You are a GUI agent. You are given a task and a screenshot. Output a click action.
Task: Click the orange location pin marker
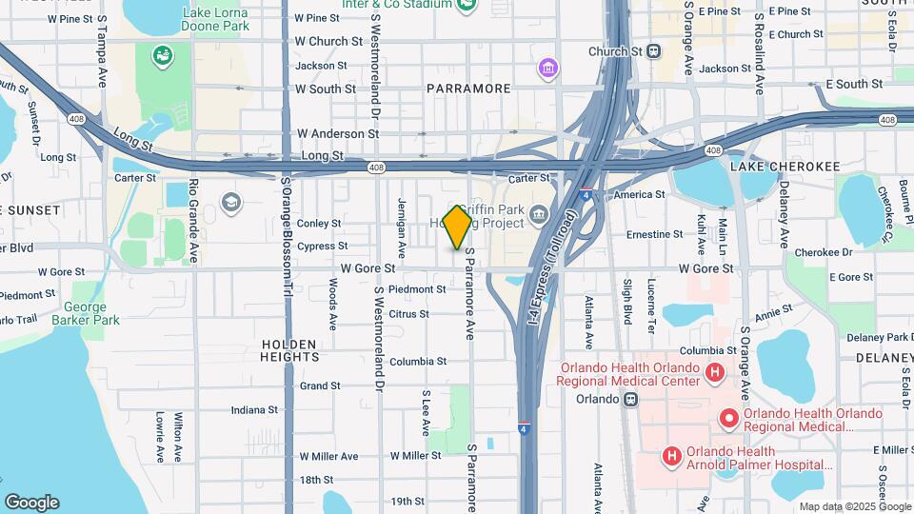click(458, 227)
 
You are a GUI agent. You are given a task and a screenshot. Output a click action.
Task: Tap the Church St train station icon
click(654, 51)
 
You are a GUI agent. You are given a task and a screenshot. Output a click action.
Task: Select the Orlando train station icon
click(630, 399)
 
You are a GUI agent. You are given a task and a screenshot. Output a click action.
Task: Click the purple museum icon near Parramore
click(547, 68)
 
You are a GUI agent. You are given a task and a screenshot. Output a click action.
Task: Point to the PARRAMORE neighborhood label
click(468, 89)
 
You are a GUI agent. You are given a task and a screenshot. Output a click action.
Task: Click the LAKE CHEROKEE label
click(785, 167)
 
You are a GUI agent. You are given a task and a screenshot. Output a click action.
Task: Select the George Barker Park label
click(91, 313)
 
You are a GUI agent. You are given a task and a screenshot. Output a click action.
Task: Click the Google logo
click(31, 503)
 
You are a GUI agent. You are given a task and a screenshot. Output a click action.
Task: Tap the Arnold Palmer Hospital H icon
click(672, 457)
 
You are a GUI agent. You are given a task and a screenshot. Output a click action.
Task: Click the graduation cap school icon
click(229, 202)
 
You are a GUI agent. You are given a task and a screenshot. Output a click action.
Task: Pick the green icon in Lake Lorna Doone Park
click(162, 55)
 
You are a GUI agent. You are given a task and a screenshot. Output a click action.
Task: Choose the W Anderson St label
click(330, 134)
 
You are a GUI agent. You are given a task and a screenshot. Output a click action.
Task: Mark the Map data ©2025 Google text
click(854, 506)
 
